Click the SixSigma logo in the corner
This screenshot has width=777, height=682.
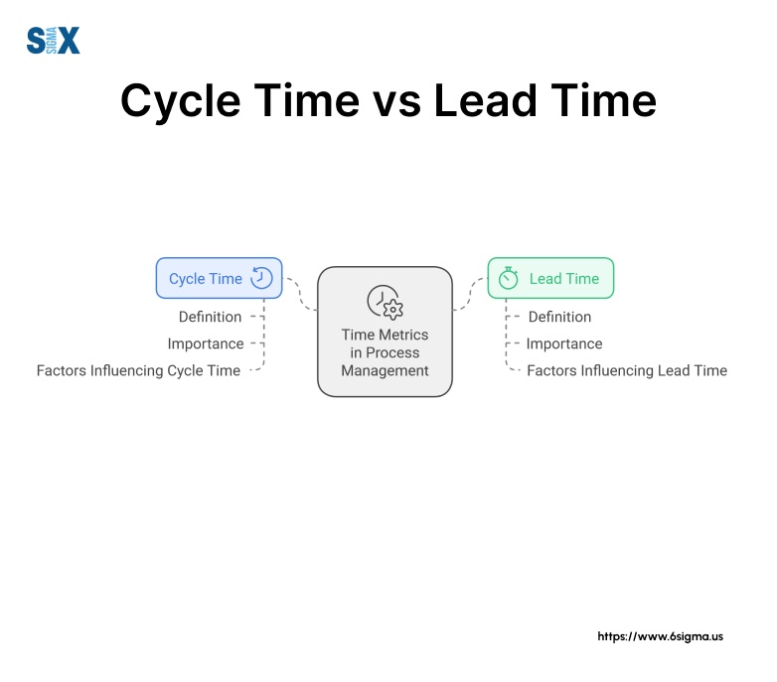pos(53,40)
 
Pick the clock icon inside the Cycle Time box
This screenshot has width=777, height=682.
pos(261,278)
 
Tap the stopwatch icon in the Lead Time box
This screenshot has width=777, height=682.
pos(509,279)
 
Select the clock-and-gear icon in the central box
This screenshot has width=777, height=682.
pos(385,301)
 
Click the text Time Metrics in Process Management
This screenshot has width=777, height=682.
pos(385,352)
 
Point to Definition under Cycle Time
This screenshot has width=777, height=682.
pos(210,317)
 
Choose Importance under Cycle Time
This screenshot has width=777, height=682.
pos(205,343)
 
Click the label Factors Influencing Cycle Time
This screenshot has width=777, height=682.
pos(138,370)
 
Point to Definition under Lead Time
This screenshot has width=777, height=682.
pos(559,317)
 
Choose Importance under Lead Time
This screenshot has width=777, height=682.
pos(564,343)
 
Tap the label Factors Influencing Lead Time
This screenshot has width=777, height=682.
pos(627,370)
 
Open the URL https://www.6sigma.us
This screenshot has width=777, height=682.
pos(660,635)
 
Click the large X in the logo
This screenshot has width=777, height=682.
pos(68,41)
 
